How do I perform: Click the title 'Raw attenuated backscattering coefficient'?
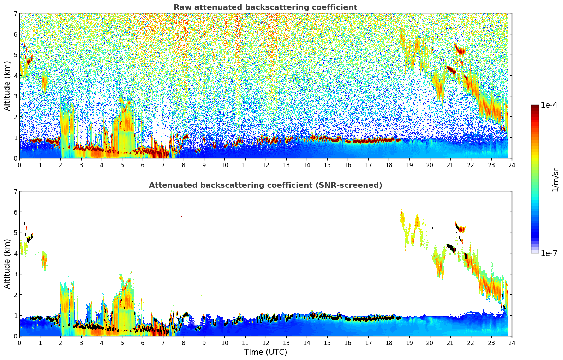(265, 7)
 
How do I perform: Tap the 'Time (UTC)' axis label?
(265, 352)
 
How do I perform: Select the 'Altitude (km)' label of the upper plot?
(7, 86)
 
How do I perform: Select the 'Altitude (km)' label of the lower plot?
(7, 264)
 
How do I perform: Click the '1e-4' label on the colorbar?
(549, 105)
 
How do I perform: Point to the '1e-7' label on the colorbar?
(549, 253)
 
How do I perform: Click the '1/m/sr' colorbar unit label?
(555, 179)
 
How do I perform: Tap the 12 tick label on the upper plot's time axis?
(265, 165)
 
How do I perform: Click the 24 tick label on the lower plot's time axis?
(511, 343)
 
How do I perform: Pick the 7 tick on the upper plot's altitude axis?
(15, 14)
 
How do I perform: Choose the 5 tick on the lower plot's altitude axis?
(15, 233)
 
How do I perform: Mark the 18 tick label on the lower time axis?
(389, 343)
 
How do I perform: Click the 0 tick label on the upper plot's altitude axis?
(15, 158)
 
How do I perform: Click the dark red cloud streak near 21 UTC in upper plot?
(451, 70)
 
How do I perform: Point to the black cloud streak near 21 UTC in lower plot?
(451, 248)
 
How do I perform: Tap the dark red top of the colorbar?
(535, 107)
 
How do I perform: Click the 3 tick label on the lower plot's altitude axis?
(15, 274)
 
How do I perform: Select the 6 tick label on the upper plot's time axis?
(143, 165)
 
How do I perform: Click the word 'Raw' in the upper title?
(181, 7)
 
